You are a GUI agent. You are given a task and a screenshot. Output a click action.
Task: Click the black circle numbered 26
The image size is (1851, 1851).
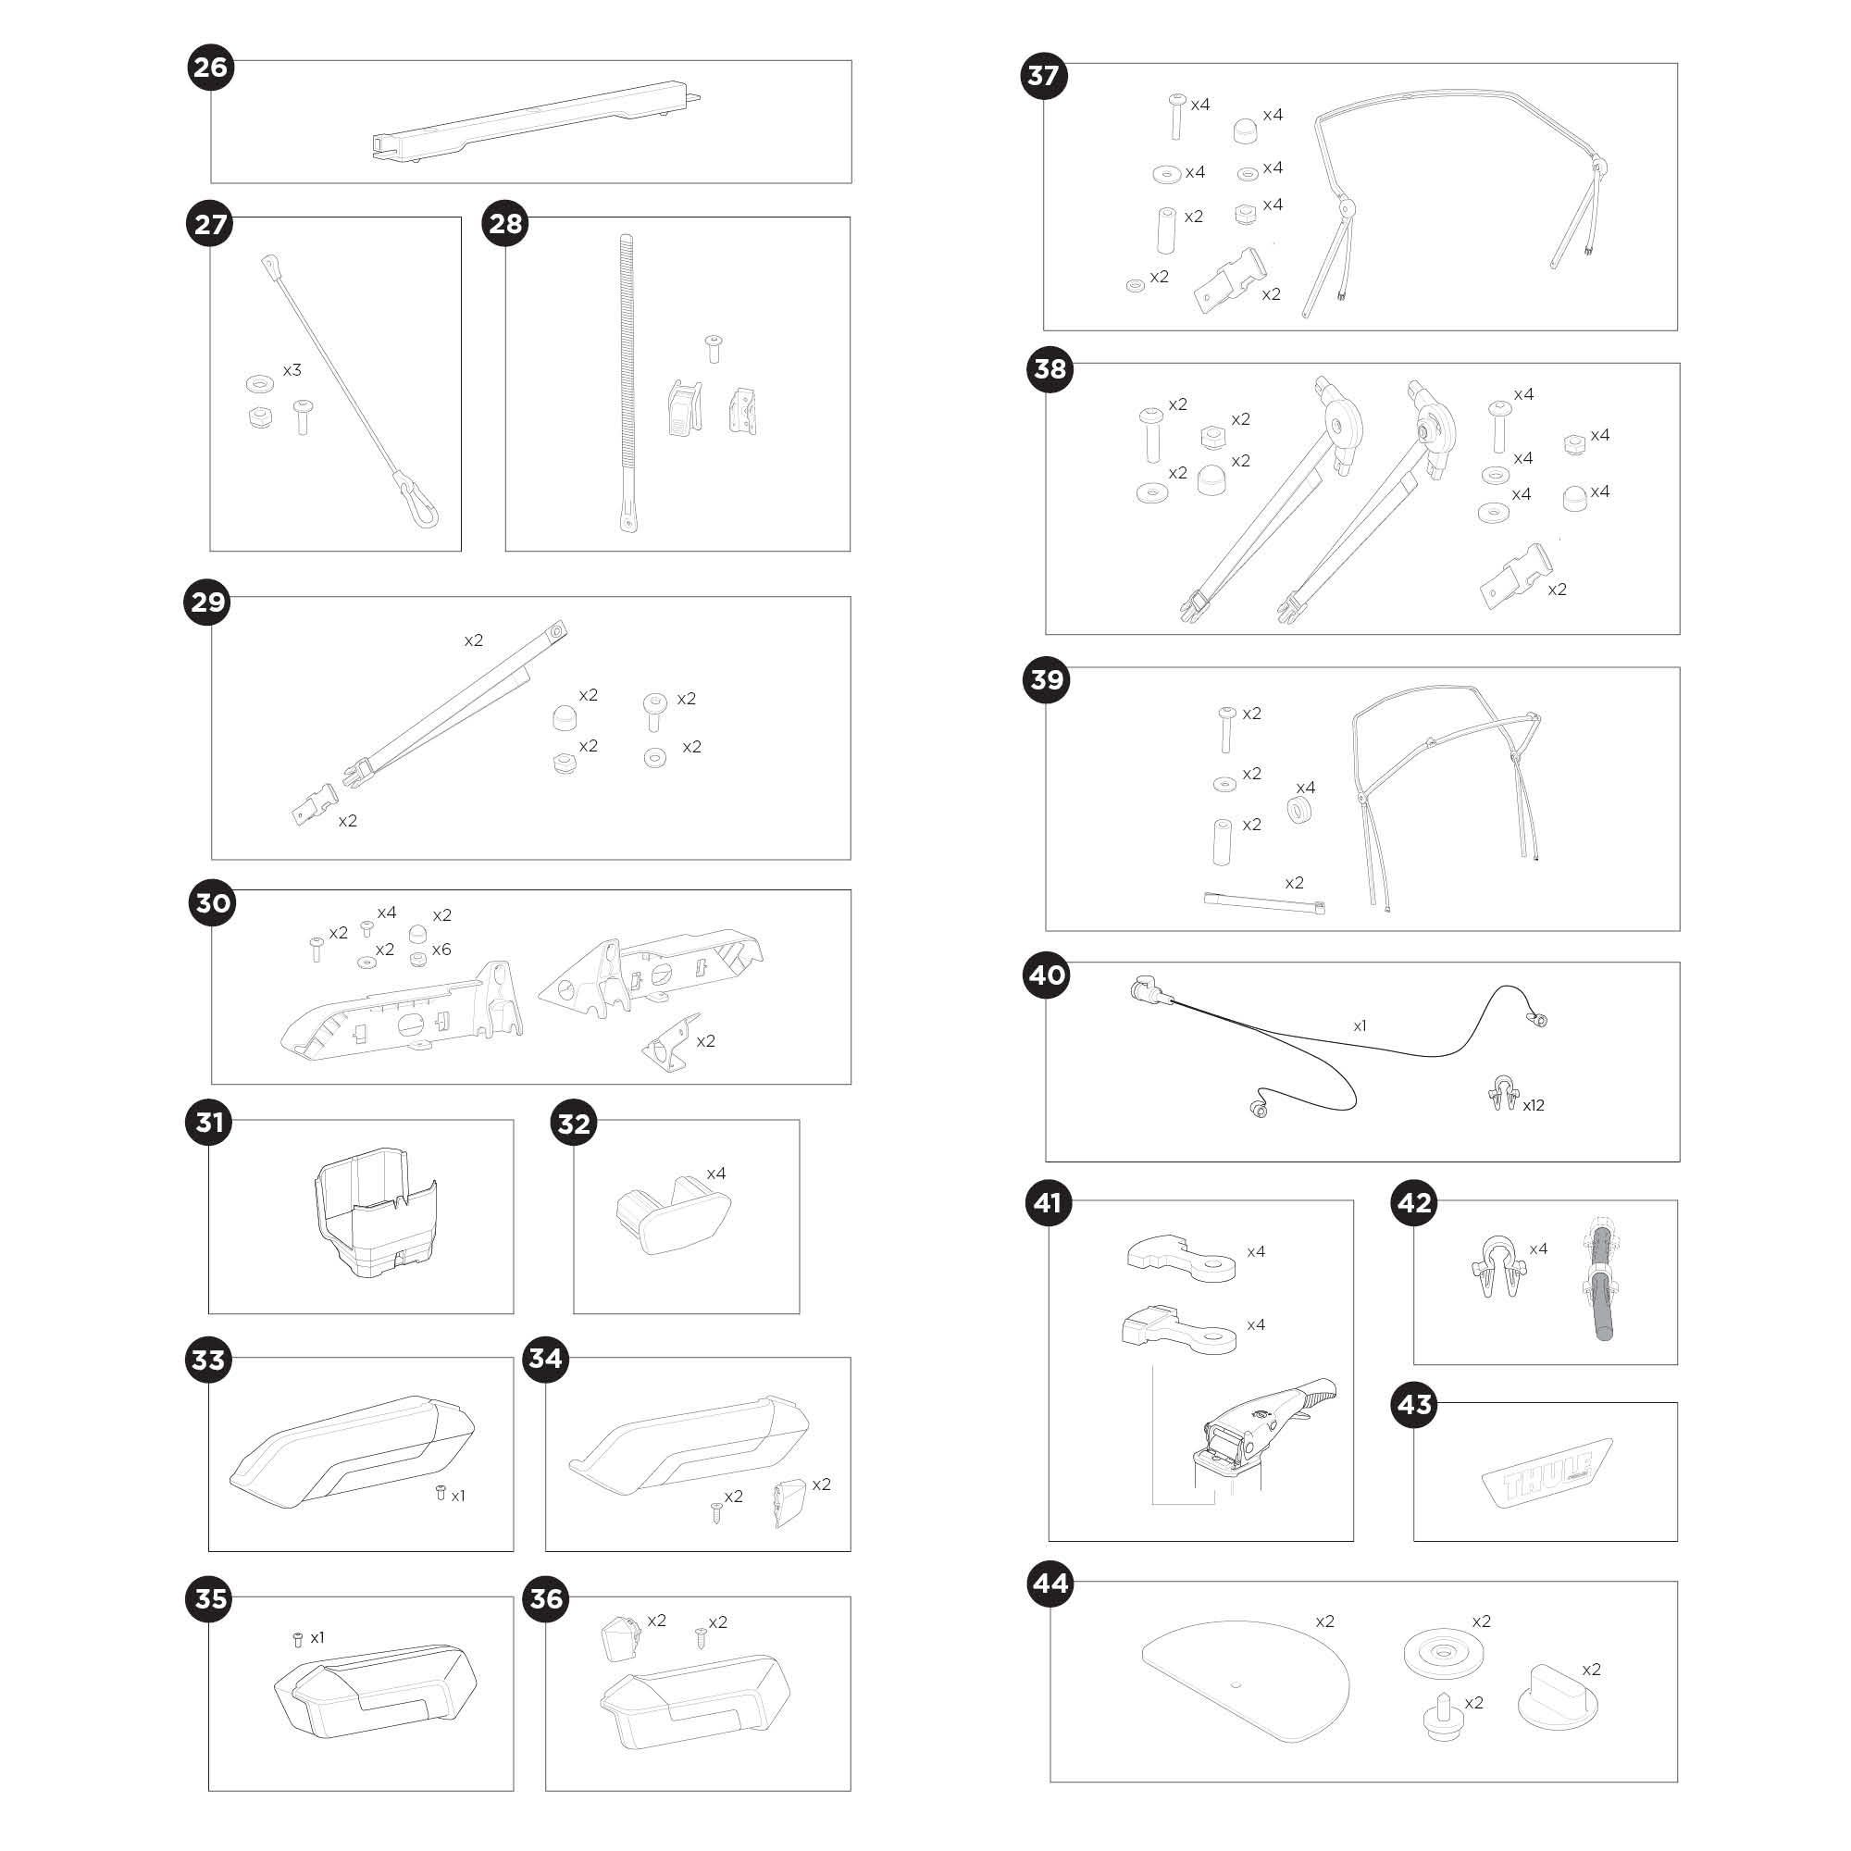211,67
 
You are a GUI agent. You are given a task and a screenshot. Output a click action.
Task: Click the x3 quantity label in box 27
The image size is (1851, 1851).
292,370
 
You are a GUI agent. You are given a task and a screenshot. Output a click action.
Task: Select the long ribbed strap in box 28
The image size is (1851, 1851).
626,383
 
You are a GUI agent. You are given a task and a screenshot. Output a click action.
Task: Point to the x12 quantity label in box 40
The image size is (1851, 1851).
1533,1105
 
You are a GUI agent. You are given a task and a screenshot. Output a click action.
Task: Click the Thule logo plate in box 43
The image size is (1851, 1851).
1547,1473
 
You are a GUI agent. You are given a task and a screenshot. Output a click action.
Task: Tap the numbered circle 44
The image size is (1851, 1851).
1050,1584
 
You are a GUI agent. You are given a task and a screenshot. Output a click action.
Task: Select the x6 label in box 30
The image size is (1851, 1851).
441,950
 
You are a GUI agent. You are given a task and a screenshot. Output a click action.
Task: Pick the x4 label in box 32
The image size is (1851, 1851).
715,1174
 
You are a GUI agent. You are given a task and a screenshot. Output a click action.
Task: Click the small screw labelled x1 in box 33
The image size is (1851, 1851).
441,1492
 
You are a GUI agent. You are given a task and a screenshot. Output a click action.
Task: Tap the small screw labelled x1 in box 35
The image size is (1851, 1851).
297,1639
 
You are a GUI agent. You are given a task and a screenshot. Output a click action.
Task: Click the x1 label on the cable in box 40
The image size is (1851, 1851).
1360,1026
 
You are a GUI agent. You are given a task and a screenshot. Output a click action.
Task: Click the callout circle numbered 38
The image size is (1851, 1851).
1050,369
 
